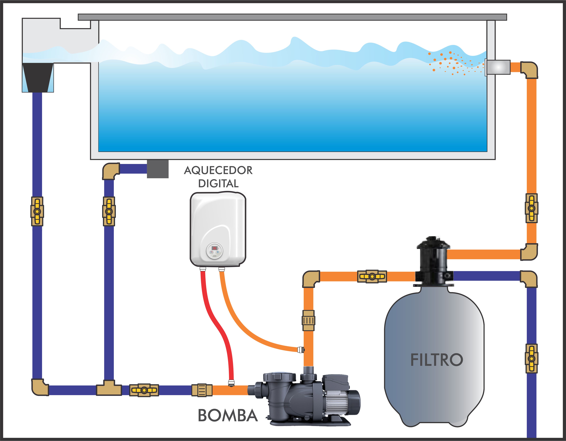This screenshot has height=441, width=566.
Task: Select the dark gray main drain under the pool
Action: click(158, 169)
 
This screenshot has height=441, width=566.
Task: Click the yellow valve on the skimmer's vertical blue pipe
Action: click(37, 211)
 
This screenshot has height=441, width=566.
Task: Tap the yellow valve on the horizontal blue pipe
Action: click(144, 390)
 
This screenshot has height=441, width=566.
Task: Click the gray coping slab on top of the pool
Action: click(292, 17)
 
